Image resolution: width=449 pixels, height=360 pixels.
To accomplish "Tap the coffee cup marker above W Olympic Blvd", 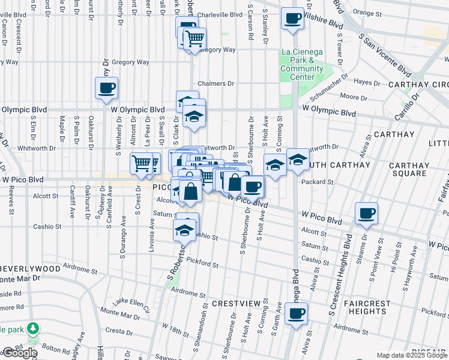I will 106,89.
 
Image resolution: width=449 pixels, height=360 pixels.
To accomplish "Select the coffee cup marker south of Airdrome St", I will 296,314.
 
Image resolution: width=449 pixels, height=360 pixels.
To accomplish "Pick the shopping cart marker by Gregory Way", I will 194,40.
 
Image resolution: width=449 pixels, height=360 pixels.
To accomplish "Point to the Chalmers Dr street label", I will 216,84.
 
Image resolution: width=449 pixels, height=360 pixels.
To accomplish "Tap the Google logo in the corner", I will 20,353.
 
